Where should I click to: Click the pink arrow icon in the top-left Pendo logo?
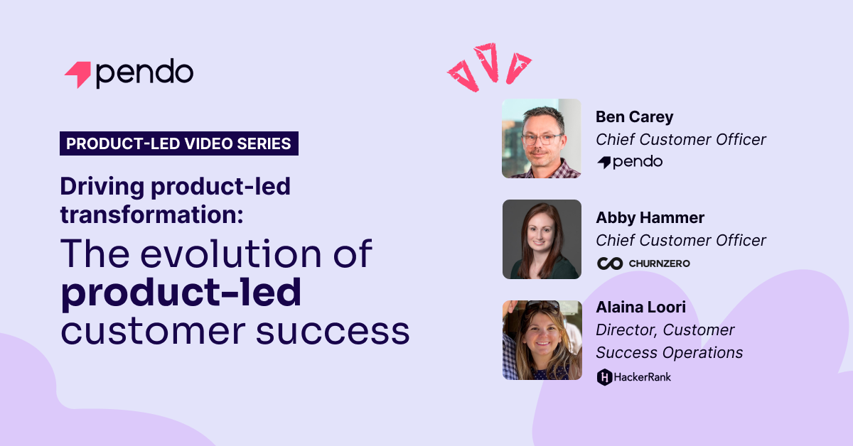[x=79, y=74]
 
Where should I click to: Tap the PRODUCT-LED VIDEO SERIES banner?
[x=179, y=143]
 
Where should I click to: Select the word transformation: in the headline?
[x=151, y=214]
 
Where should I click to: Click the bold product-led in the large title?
[x=181, y=293]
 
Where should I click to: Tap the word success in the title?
[x=333, y=331]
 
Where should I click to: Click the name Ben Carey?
[x=634, y=117]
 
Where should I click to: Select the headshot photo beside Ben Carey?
[x=542, y=138]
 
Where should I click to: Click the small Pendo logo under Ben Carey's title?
[x=630, y=162]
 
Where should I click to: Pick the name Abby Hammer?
[x=650, y=217]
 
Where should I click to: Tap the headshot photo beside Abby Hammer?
[x=542, y=239]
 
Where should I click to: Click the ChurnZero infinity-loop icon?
[x=610, y=263]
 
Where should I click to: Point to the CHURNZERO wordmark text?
[x=659, y=263]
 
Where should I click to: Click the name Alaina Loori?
[x=641, y=307]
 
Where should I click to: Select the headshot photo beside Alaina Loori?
[x=542, y=340]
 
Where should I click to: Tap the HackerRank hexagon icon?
[x=604, y=377]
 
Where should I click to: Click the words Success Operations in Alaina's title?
[x=670, y=352]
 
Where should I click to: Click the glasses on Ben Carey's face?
[x=542, y=139]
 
